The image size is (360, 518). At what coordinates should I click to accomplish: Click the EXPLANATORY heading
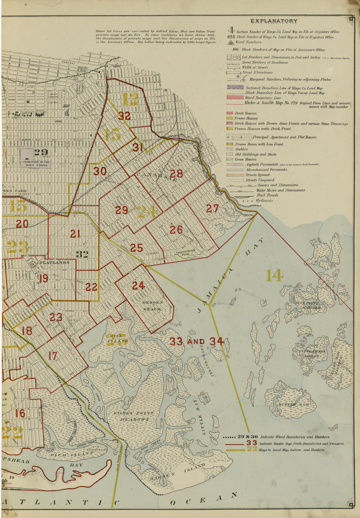pyautogui.click(x=274, y=21)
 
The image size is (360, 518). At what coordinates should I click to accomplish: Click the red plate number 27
pyautogui.click(x=212, y=208)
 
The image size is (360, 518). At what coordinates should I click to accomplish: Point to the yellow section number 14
pyautogui.click(x=274, y=275)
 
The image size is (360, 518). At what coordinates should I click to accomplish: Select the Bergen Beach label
pyautogui.click(x=152, y=305)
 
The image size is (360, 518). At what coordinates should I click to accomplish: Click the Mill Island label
pyautogui.click(x=117, y=338)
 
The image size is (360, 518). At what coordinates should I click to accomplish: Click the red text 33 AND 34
pyautogui.click(x=196, y=342)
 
